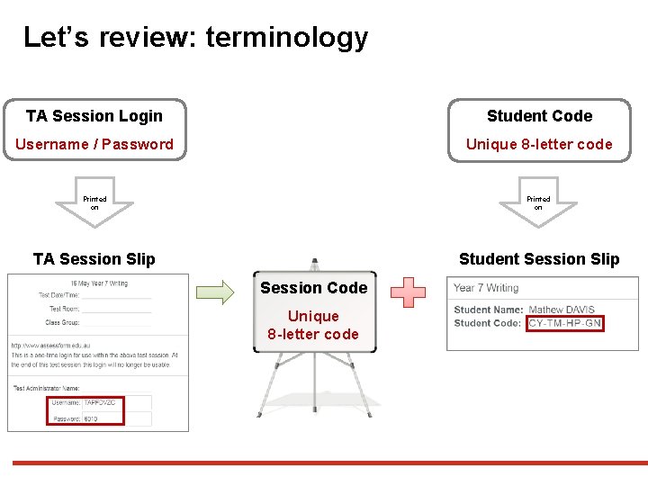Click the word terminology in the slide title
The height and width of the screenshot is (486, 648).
point(287,38)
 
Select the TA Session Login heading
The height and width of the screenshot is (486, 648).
point(94,116)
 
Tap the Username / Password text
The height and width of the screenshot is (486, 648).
point(94,144)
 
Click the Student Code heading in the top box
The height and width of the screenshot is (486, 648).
point(539,116)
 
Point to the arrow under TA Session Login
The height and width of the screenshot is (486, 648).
point(94,205)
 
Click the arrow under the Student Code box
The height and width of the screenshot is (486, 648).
point(538,205)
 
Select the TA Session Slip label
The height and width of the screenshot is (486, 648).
point(94,259)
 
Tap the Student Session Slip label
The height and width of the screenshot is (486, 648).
point(539,259)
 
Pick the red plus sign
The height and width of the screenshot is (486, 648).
point(409,292)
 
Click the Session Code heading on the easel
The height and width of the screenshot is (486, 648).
point(313,288)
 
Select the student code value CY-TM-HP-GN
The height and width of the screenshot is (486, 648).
point(565,323)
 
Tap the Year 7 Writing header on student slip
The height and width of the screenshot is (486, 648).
point(486,288)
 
